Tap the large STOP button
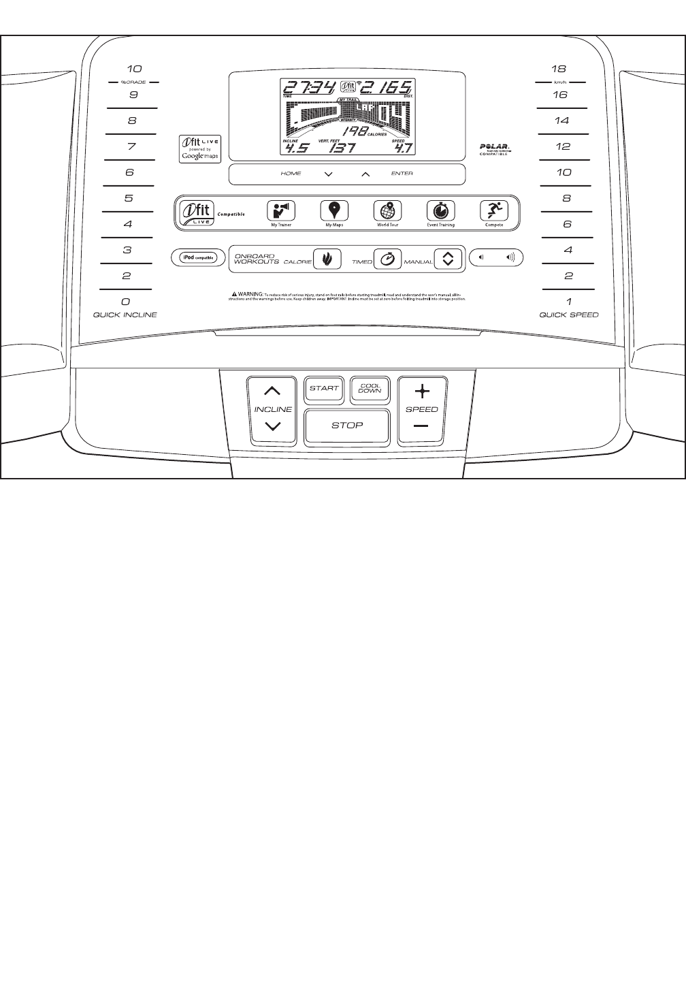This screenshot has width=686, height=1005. [347, 426]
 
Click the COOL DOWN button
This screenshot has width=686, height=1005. [370, 389]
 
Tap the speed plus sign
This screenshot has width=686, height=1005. [422, 391]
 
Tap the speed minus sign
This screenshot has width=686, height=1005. [422, 427]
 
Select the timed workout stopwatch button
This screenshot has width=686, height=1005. [387, 259]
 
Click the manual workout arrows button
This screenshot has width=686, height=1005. [448, 259]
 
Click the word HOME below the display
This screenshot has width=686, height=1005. [291, 174]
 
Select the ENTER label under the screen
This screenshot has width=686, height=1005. [402, 174]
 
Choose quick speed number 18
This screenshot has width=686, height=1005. [559, 69]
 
